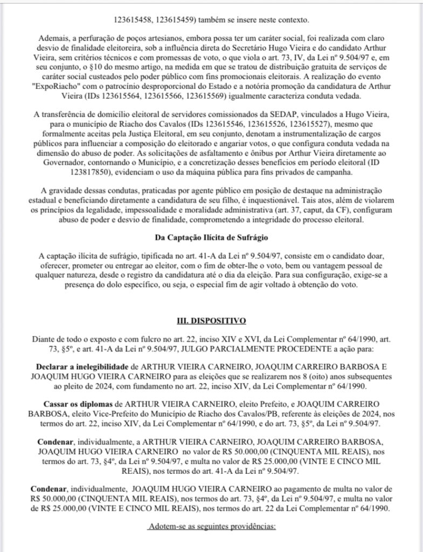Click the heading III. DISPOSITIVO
click(211, 321)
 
